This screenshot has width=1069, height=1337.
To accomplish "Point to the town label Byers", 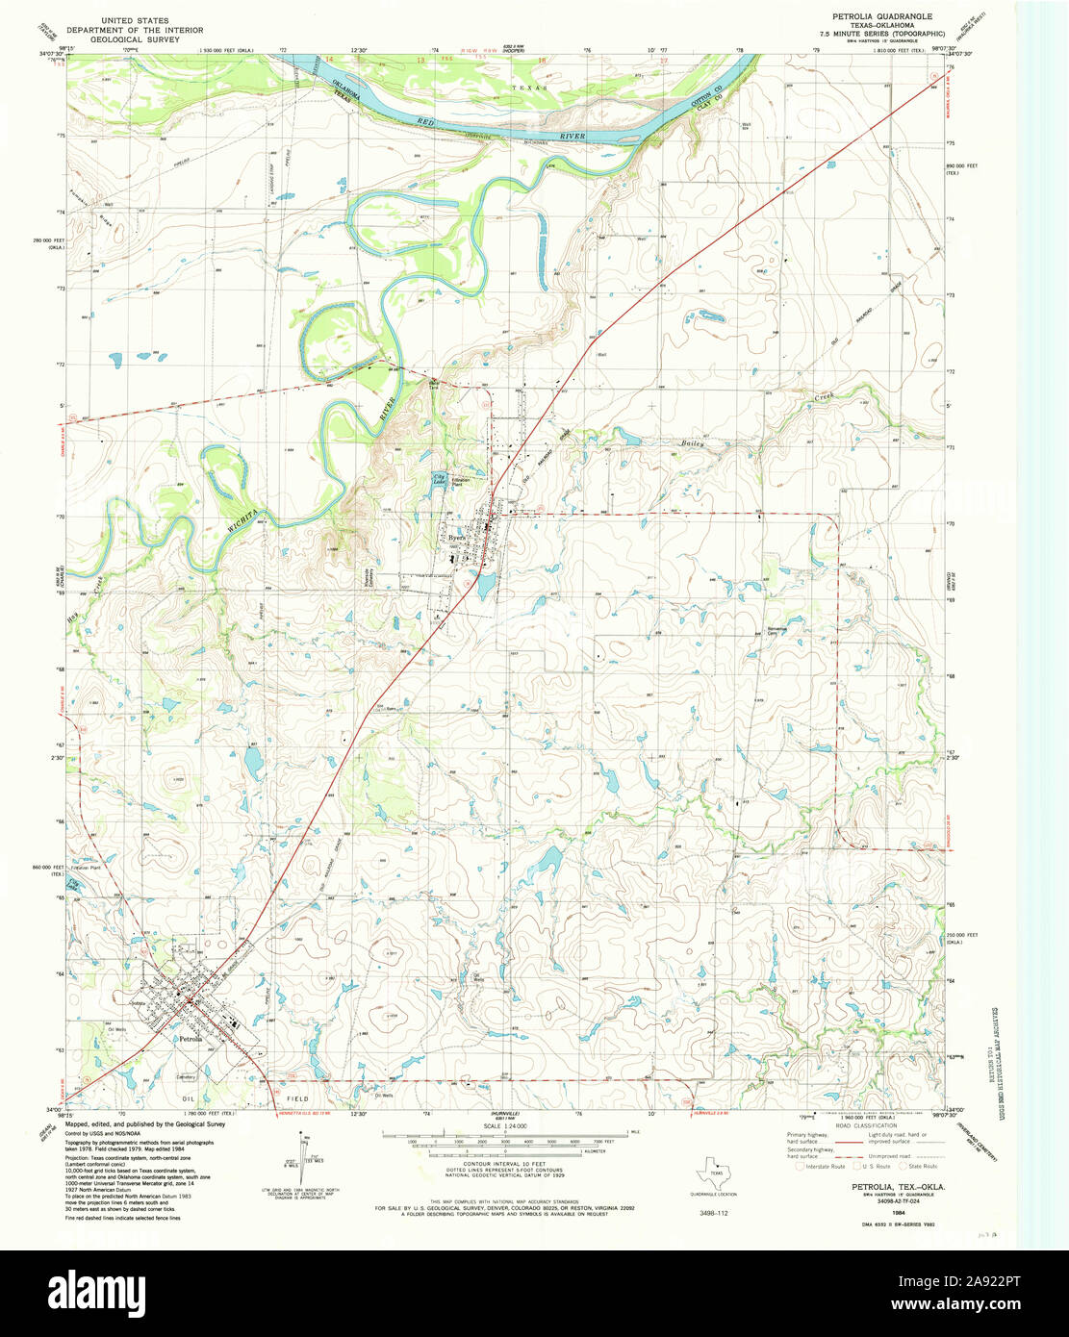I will [455, 541].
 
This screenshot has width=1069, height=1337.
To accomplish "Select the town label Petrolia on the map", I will [191, 1040].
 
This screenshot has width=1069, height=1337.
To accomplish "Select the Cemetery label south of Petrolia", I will [186, 1076].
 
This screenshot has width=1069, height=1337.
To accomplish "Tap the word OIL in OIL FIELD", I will [189, 1097].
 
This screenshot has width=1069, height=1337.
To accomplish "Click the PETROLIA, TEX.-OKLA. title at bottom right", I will [897, 1188].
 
